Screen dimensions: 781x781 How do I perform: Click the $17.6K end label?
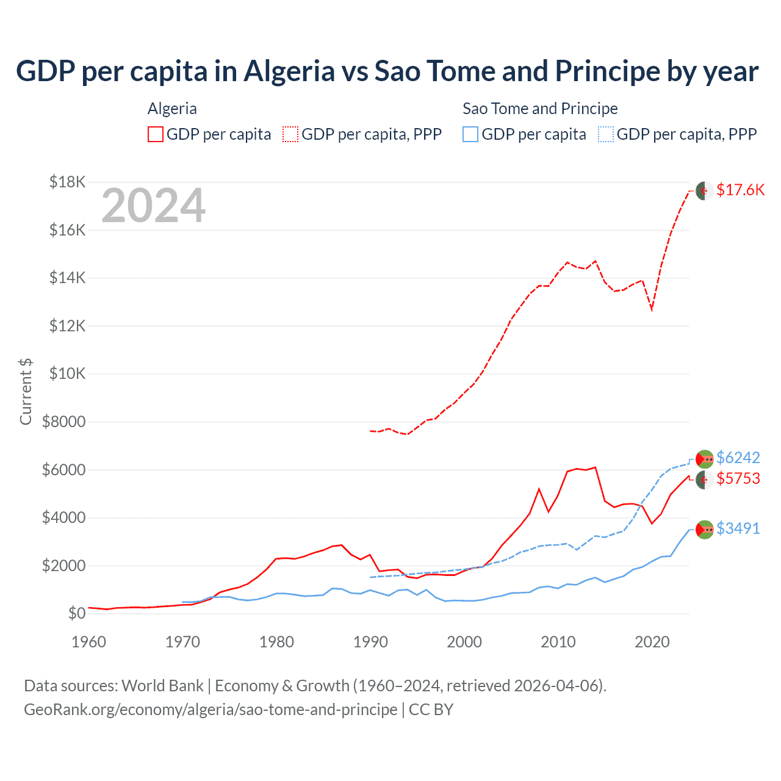click(740, 190)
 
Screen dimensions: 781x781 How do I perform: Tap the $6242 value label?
click(738, 458)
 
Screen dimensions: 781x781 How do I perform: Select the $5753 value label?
click(738, 478)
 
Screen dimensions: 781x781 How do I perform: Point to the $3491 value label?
click(738, 528)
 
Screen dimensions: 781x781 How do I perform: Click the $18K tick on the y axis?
click(68, 182)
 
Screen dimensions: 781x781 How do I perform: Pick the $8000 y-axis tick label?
click(63, 422)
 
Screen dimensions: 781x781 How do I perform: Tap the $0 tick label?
click(76, 613)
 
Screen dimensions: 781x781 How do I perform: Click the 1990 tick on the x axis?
click(370, 642)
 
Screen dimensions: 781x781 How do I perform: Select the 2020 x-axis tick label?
click(652, 642)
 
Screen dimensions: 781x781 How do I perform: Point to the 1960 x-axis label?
click(89, 642)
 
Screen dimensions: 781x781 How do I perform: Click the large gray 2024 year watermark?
click(153, 206)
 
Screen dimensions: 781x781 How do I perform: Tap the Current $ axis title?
click(26, 391)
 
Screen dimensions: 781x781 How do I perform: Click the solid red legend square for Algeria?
click(156, 134)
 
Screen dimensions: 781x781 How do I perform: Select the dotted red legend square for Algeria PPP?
click(290, 134)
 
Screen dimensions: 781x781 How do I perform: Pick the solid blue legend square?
click(470, 134)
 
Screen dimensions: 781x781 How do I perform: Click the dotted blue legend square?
click(606, 134)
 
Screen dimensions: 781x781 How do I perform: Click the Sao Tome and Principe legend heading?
click(540, 109)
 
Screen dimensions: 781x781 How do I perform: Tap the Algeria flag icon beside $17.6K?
click(705, 190)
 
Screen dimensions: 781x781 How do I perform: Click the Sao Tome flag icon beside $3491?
click(705, 529)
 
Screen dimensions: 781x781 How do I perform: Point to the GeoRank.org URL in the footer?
click(211, 710)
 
